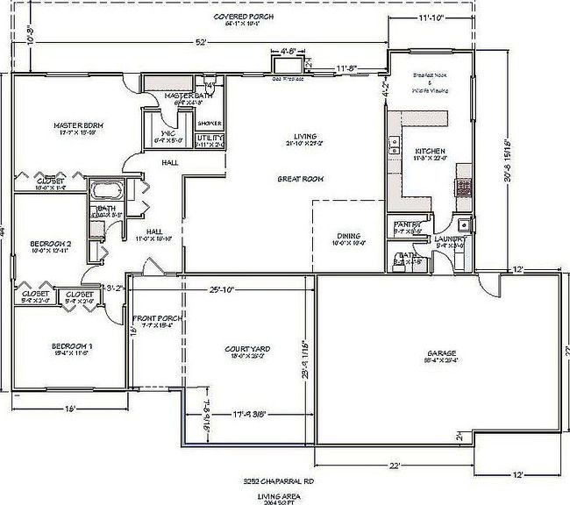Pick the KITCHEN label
[x=431, y=152]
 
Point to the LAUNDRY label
[x=451, y=238]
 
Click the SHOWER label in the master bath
[x=210, y=124]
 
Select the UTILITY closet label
[x=210, y=138]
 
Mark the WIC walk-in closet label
[x=167, y=133]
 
